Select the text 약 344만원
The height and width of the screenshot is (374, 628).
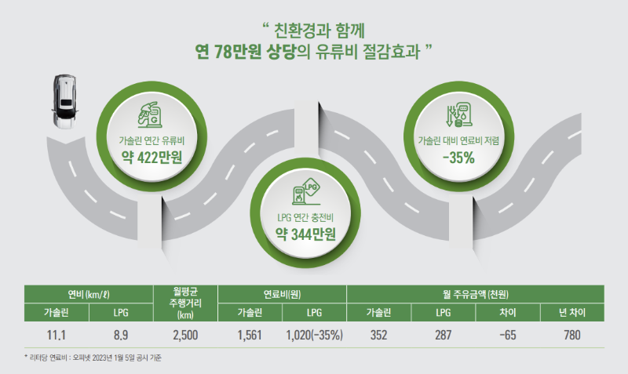pyautogui.click(x=305, y=233)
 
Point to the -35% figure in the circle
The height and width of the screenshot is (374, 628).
pyautogui.click(x=458, y=157)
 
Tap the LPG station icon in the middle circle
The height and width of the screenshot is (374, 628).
pyautogui.click(x=305, y=194)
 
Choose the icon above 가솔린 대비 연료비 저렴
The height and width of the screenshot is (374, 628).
pyautogui.click(x=457, y=115)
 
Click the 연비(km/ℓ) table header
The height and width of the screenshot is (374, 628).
pyautogui.click(x=88, y=294)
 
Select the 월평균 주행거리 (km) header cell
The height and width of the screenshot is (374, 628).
pyautogui.click(x=186, y=303)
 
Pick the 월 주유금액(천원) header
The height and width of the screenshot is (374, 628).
pyautogui.click(x=476, y=294)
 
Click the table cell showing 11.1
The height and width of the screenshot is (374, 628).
pyautogui.click(x=56, y=335)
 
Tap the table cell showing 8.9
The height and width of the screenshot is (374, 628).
pyautogui.click(x=120, y=335)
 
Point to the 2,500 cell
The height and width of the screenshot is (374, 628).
pyautogui.click(x=186, y=335)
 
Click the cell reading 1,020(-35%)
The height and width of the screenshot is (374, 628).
pyautogui.click(x=314, y=335)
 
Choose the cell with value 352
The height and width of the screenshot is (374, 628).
pyautogui.click(x=379, y=335)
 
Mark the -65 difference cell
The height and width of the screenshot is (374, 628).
pyautogui.click(x=508, y=335)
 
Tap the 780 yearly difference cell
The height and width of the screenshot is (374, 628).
pyautogui.click(x=572, y=335)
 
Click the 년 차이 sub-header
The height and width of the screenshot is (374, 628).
pyautogui.click(x=572, y=314)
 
